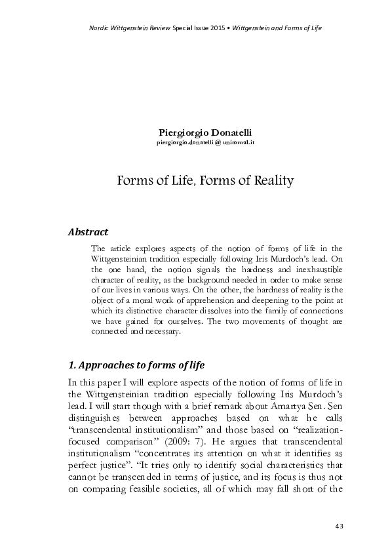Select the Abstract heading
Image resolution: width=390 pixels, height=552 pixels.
pyautogui.click(x=88, y=231)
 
